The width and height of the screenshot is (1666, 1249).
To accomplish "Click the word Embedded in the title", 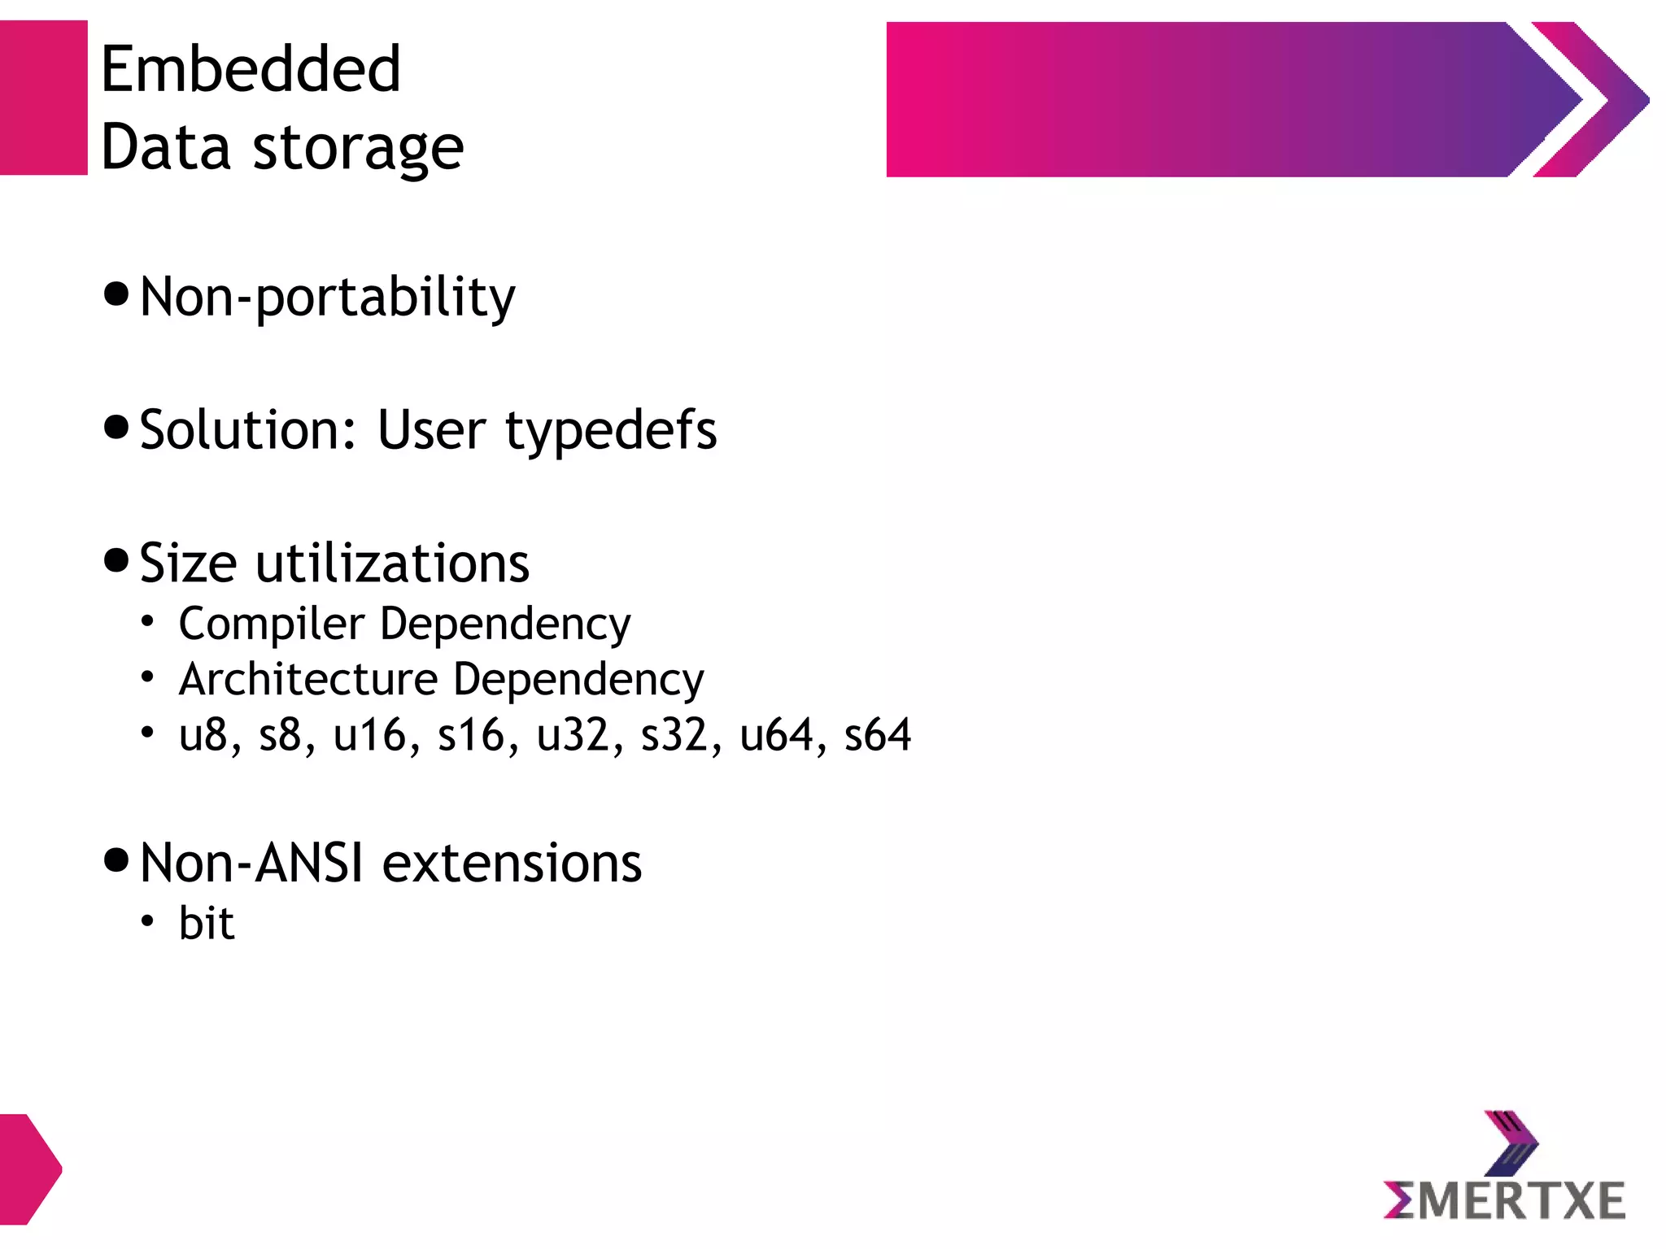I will click(251, 70).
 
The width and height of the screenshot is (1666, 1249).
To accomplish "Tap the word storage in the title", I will click(358, 150).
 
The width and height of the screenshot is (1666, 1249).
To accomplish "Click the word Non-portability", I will click(327, 298).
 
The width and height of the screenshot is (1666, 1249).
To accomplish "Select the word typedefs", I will click(611, 431).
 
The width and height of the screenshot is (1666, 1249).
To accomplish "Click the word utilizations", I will click(392, 563).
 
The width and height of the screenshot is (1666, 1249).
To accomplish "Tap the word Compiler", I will click(272, 624).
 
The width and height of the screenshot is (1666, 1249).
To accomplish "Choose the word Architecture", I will click(308, 680).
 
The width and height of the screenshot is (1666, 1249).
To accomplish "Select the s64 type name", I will click(877, 735).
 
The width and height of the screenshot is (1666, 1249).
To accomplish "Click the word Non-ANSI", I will click(251, 863).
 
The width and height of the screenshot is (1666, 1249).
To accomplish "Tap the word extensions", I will click(512, 863).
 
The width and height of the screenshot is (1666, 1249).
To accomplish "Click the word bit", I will click(207, 924).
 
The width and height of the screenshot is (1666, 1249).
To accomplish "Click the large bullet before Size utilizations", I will click(117, 560).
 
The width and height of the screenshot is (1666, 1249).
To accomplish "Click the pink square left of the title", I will click(43, 98).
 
